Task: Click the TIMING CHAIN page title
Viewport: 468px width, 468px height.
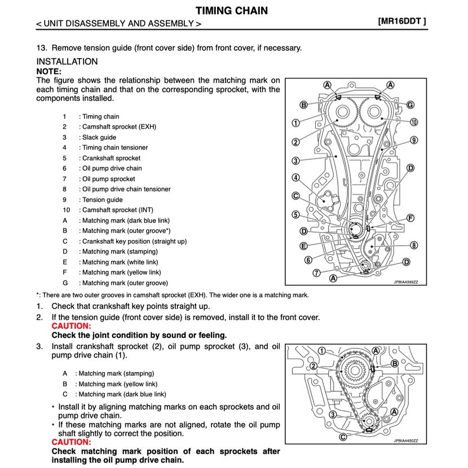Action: [x=232, y=10]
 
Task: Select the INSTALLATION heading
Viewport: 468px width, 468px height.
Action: [x=67, y=61]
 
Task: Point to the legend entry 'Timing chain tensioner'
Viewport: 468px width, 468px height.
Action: [x=115, y=148]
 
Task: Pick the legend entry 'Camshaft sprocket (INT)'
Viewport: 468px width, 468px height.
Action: [x=117, y=210]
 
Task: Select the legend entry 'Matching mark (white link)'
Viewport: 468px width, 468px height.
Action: [x=120, y=262]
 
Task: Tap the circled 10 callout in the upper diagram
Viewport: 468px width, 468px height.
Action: [x=413, y=122]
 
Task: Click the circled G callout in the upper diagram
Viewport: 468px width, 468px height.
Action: [x=410, y=105]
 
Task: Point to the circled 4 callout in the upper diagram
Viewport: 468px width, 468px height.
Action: [x=295, y=178]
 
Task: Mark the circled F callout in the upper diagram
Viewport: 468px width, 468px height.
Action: [x=410, y=218]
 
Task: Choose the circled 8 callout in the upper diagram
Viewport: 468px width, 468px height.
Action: [x=413, y=245]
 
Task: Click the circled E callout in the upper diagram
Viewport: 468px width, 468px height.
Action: [x=303, y=246]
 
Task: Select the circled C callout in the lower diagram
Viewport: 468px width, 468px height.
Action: [x=343, y=436]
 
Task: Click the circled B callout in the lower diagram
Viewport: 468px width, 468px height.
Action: [x=395, y=364]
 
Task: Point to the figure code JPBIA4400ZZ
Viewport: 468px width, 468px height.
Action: [x=405, y=441]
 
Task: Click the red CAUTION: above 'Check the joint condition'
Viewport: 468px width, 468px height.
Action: [x=71, y=326]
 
